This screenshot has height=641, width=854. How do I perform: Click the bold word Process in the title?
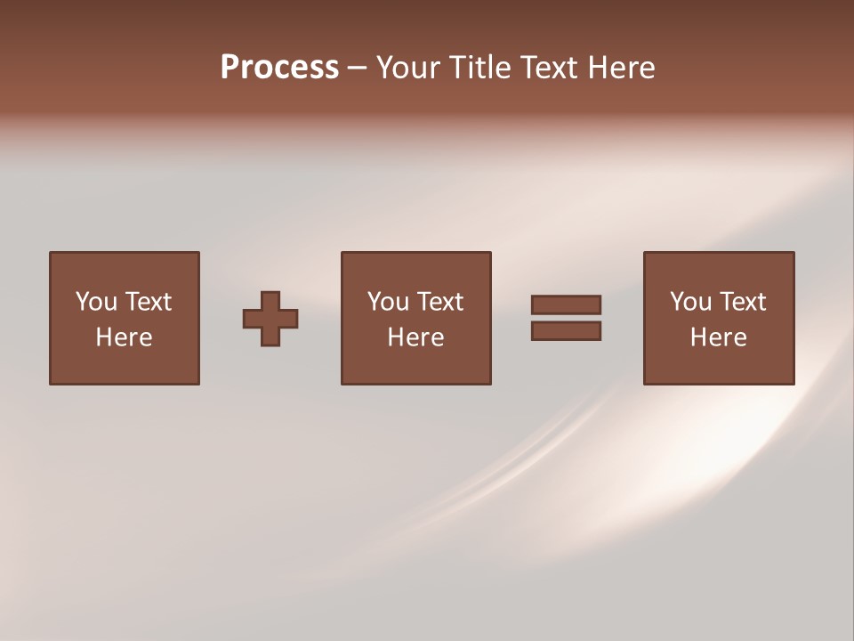click(x=279, y=68)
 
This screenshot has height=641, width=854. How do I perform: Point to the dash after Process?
click(x=357, y=68)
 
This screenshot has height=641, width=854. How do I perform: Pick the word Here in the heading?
click(x=624, y=68)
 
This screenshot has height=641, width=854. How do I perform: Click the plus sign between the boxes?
click(x=270, y=319)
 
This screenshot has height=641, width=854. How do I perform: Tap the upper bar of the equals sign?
click(x=566, y=304)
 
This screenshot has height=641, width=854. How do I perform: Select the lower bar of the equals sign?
click(x=566, y=330)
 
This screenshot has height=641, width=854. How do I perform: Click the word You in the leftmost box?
click(x=96, y=302)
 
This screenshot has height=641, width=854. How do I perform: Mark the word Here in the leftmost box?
click(x=124, y=337)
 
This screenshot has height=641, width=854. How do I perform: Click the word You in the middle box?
click(x=388, y=302)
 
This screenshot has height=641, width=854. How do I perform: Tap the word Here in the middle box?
click(x=415, y=337)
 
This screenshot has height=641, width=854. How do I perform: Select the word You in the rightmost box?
click(x=690, y=302)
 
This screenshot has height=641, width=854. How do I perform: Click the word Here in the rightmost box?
click(x=718, y=337)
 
